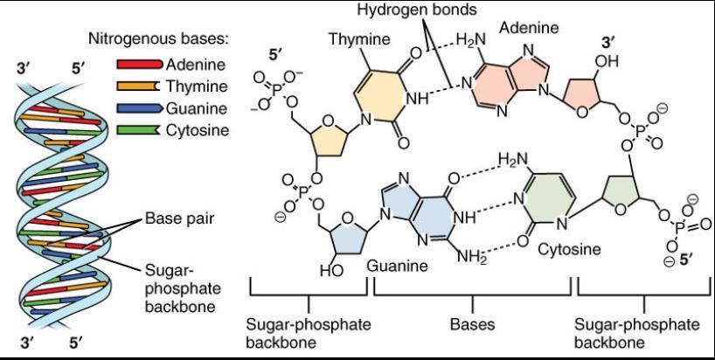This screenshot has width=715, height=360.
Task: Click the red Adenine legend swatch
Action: (x=137, y=66)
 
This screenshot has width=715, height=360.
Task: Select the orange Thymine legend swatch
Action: (x=137, y=87)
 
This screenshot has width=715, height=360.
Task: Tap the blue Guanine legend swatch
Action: (x=137, y=108)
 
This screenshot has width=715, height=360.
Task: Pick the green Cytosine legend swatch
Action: (x=137, y=130)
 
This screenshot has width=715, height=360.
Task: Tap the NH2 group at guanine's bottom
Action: (x=469, y=255)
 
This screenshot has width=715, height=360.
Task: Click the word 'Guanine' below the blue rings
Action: (x=395, y=263)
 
